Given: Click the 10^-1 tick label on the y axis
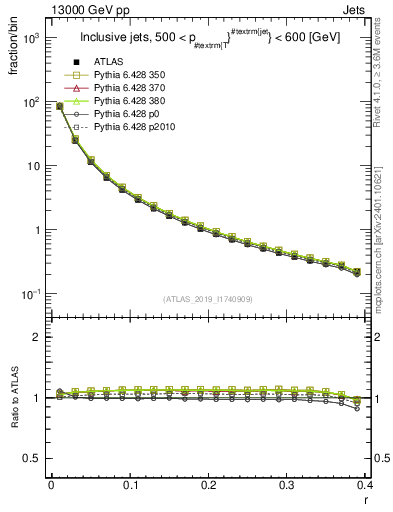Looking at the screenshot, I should click(x=30, y=294).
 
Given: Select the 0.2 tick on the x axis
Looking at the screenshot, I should click(x=208, y=485).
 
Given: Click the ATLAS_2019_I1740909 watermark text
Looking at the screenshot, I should click(x=206, y=298).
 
